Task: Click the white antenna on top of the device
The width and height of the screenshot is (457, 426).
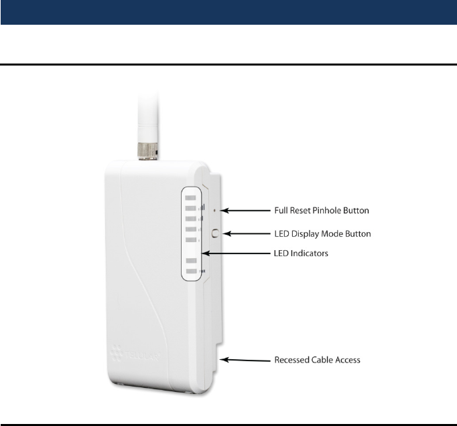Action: pos(145,114)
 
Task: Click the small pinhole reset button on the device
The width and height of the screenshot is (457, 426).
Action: pos(214,210)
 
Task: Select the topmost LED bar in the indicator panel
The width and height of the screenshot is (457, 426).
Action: pos(191,199)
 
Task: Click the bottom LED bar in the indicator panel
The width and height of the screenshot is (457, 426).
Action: pos(191,272)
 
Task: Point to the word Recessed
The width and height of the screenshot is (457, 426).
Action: pos(293,360)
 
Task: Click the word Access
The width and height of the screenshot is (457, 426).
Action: pos(350,360)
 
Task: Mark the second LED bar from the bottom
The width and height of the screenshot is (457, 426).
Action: pos(191,259)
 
